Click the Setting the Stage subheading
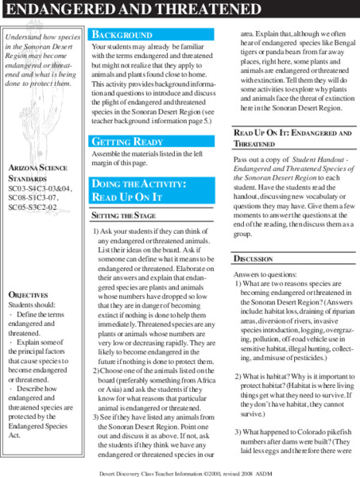(x=123, y=215)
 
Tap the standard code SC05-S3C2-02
(x=36, y=207)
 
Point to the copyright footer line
(x=180, y=469)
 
